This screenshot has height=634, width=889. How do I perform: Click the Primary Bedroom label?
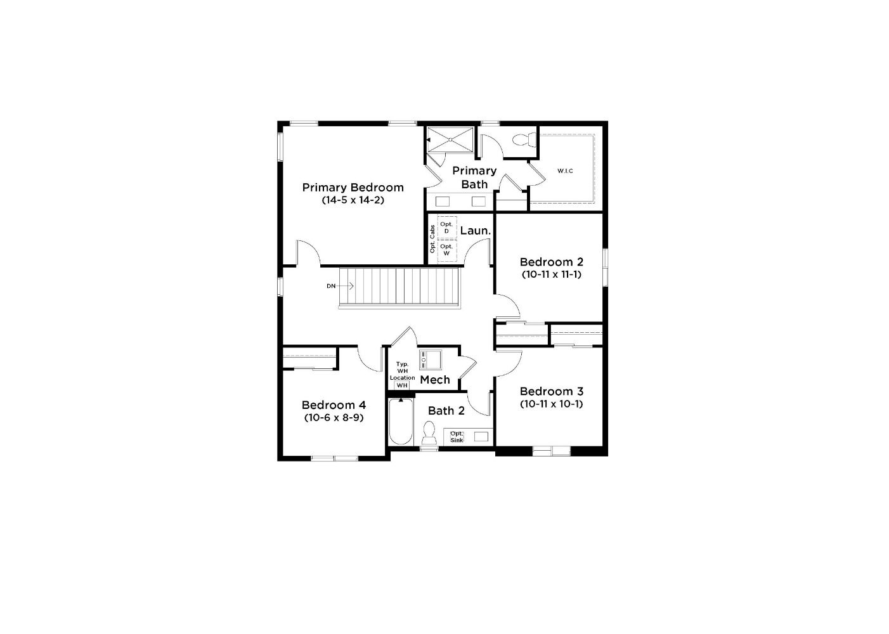click(x=353, y=187)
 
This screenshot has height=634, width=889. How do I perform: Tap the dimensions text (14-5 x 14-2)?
click(x=353, y=200)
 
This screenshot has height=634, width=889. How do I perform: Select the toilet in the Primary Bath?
click(x=524, y=139)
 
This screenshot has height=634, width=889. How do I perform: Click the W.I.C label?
click(x=565, y=171)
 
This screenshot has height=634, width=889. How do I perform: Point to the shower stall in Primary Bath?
click(x=451, y=139)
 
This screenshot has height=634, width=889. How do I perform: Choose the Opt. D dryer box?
click(x=447, y=228)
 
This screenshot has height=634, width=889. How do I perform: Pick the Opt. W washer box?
click(x=447, y=250)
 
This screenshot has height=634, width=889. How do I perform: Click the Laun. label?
click(x=476, y=231)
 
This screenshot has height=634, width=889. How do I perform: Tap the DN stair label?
click(x=331, y=286)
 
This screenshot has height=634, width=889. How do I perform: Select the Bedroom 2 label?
click(x=551, y=262)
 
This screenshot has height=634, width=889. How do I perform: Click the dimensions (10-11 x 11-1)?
click(x=551, y=274)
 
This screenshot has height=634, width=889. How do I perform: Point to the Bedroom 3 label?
click(x=551, y=391)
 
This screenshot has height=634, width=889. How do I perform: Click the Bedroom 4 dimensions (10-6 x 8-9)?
click(x=334, y=417)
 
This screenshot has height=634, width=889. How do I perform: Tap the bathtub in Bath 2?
click(x=401, y=422)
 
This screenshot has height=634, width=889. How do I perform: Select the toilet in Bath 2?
click(x=429, y=433)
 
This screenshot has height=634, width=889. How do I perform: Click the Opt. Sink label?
click(x=457, y=437)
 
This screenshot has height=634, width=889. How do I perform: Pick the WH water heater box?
click(x=402, y=385)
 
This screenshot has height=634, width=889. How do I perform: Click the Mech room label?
click(x=435, y=380)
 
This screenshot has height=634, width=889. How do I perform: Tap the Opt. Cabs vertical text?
click(x=432, y=239)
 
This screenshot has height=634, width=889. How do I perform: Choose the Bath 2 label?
click(x=446, y=411)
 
